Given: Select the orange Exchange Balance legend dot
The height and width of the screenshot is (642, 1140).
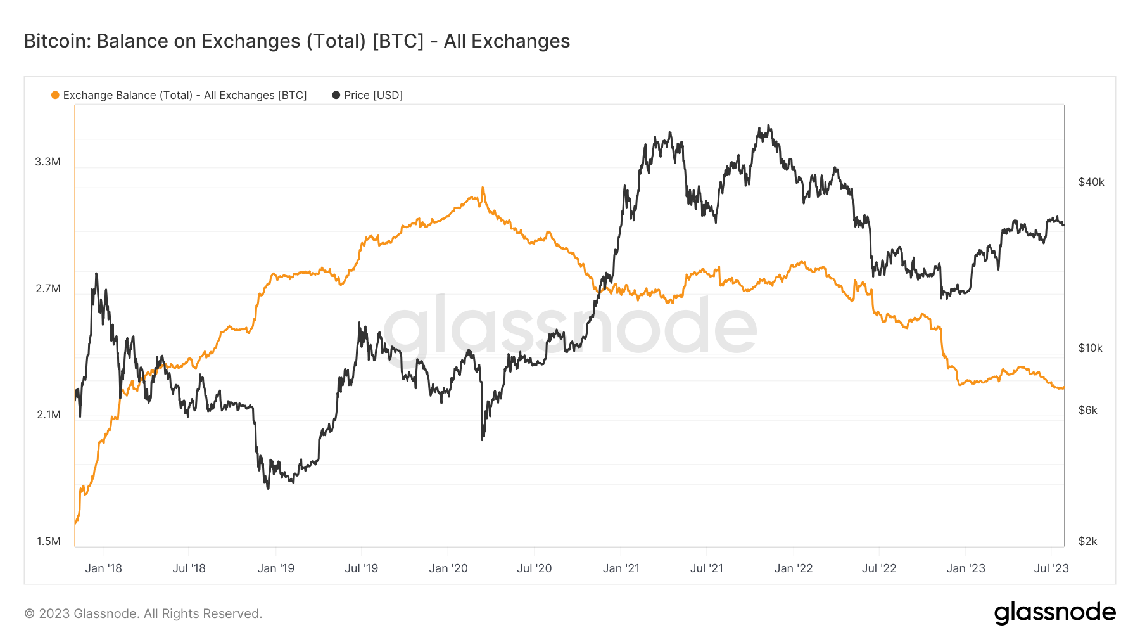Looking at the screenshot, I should (x=55, y=95).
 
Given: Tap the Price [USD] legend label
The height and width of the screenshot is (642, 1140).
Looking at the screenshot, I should (x=373, y=95).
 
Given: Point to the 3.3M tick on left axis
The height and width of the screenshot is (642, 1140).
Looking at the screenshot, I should (x=47, y=162).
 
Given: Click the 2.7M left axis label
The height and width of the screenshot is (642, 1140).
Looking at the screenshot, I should (x=47, y=288).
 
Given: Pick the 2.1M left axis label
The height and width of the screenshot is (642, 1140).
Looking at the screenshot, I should (x=48, y=414).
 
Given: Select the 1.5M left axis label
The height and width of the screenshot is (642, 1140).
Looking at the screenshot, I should (x=48, y=541).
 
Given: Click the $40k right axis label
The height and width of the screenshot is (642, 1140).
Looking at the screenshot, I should (x=1091, y=182).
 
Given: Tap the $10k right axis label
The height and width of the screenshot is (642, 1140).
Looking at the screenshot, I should (x=1090, y=348).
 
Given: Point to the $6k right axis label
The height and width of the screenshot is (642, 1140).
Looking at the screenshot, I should (x=1087, y=410).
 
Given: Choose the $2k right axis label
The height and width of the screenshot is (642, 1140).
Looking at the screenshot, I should (x=1087, y=541).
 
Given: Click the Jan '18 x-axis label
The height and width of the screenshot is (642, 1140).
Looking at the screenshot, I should (x=103, y=568).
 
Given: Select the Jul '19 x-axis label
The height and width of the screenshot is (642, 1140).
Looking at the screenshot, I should (x=361, y=568).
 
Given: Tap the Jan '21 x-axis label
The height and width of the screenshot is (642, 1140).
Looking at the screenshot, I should (x=621, y=568).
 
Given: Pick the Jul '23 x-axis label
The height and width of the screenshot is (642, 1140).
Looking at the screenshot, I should (x=1051, y=568).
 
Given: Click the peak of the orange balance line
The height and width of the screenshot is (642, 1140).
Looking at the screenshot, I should (x=483, y=188).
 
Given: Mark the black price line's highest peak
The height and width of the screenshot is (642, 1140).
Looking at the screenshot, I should (x=769, y=125).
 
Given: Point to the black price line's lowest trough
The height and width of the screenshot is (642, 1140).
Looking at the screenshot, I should (x=268, y=488).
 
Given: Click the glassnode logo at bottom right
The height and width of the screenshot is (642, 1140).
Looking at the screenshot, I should (x=1054, y=613).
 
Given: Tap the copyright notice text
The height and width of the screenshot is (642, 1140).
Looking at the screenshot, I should (x=143, y=613).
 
